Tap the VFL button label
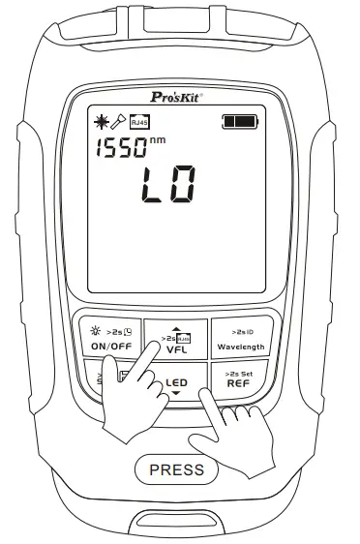[x=175, y=348]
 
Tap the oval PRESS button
[x=177, y=470]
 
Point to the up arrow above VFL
[x=175, y=326]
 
